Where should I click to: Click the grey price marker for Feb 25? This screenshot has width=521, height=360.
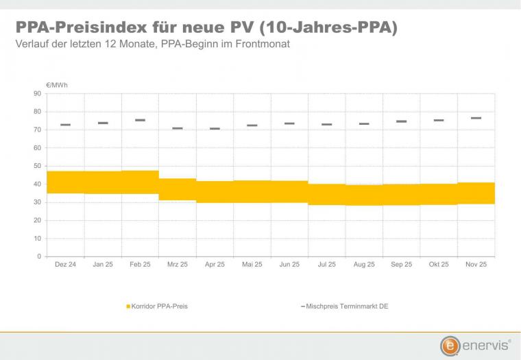[x=140, y=120]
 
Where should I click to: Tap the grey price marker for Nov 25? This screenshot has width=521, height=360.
[x=476, y=118]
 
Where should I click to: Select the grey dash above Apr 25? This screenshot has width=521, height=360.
[x=215, y=128]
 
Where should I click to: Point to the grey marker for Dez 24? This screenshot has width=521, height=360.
[x=66, y=125]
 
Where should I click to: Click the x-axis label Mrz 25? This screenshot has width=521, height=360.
[x=178, y=265]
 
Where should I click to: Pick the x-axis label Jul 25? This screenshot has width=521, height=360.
[x=326, y=265]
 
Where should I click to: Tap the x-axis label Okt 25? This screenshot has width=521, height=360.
[x=439, y=265]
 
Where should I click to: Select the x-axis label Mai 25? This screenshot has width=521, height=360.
[x=252, y=265]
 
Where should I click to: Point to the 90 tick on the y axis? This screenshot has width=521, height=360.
[x=38, y=93]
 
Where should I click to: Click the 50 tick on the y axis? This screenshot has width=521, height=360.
[x=38, y=166]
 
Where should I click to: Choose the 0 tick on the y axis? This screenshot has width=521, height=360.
[x=40, y=256]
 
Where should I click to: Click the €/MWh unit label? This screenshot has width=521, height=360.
[x=57, y=85]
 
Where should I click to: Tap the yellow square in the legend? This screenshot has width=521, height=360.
[x=128, y=307]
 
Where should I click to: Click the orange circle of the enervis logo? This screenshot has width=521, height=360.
[x=450, y=345]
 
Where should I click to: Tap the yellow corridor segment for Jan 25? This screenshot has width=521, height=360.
[x=103, y=182]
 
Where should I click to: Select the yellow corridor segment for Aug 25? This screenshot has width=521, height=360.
[x=364, y=195]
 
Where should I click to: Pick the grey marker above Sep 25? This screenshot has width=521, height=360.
[x=402, y=121]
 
